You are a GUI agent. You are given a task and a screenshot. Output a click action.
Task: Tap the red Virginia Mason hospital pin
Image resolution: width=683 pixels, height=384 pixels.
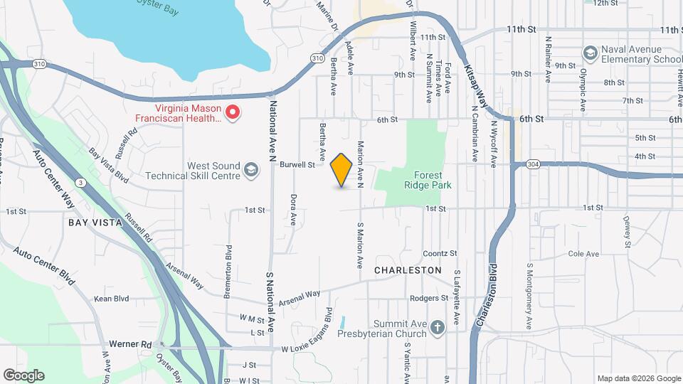point(232,112)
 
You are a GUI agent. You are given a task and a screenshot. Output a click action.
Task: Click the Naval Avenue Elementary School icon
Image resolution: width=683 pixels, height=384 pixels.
point(590,53)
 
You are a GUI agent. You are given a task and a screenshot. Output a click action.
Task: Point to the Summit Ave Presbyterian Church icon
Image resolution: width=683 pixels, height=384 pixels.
point(437,327)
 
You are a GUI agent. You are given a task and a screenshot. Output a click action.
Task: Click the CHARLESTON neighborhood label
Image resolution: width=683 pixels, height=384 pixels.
point(408,270)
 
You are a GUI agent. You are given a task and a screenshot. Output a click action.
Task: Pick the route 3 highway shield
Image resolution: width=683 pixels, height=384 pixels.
point(83,183)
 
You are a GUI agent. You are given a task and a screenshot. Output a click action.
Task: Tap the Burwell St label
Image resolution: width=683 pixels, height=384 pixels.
point(297,165)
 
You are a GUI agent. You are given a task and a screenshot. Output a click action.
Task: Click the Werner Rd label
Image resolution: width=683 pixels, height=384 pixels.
point(137,344)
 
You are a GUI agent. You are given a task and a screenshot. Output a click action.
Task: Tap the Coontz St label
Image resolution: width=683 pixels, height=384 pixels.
point(439,253)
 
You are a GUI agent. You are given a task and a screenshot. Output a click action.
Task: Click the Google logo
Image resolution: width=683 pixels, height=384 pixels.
point(23,375)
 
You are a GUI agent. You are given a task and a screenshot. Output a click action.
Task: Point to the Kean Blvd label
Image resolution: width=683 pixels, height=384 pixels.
point(112,299)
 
